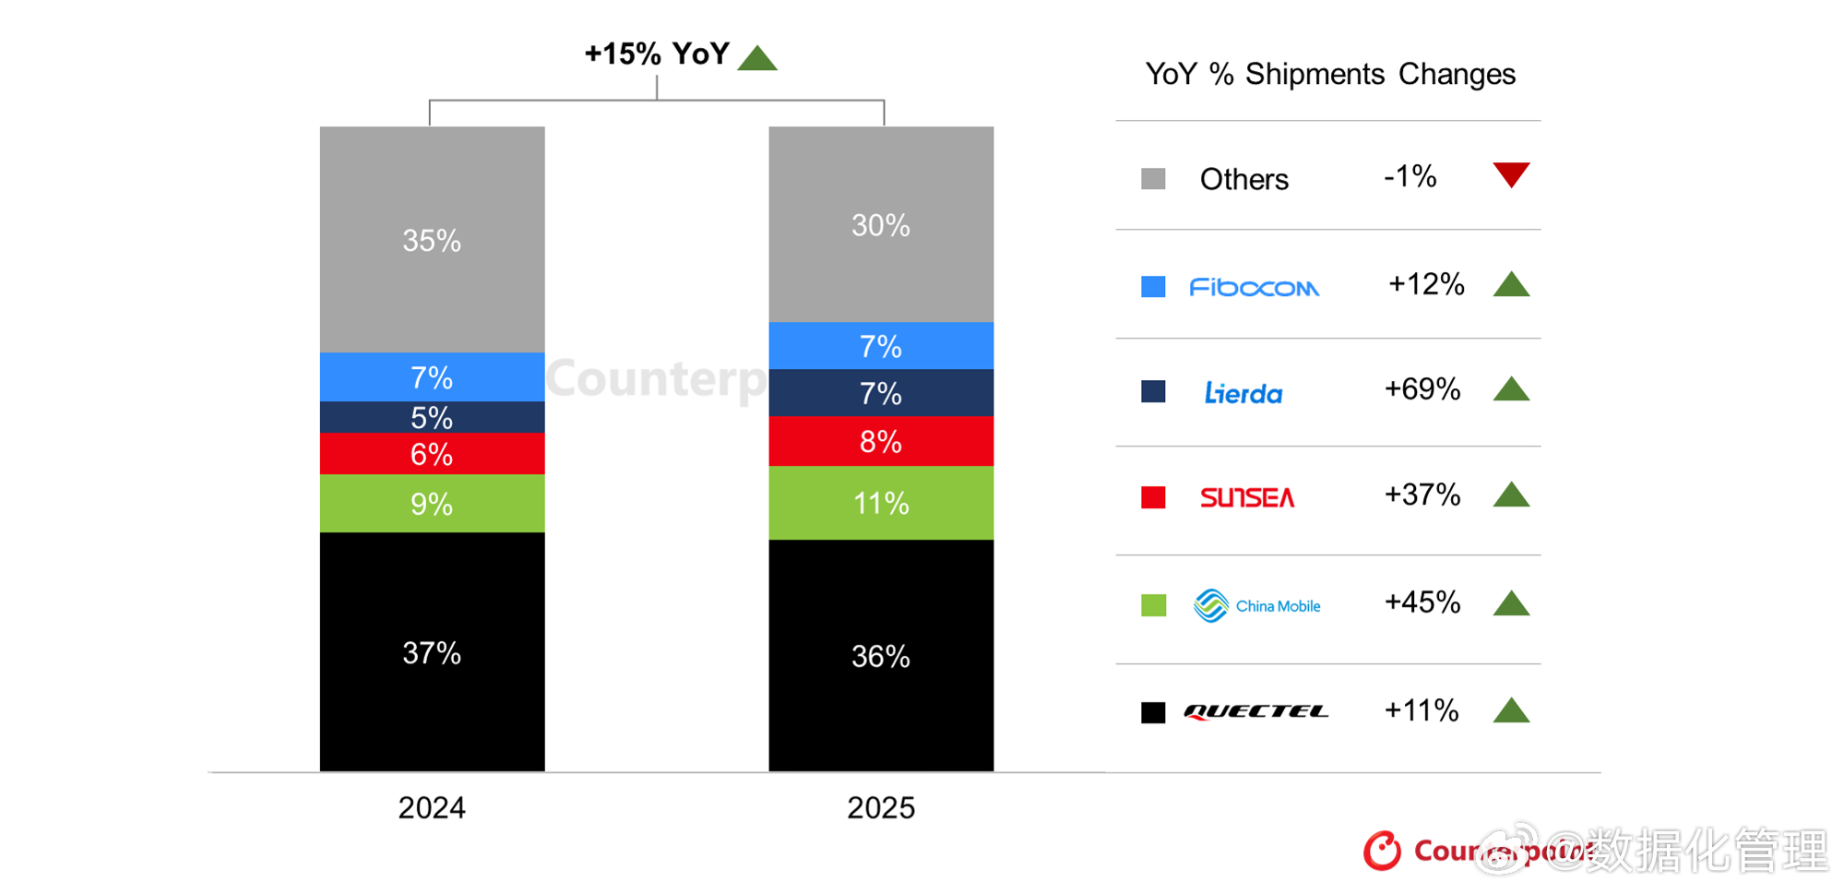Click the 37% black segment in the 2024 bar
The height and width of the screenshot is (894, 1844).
(432, 652)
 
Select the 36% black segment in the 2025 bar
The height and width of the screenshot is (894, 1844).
(880, 656)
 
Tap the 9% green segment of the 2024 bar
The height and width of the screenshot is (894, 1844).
(432, 504)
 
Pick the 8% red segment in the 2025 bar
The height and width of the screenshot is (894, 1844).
(880, 442)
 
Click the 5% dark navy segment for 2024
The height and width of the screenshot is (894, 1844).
(432, 418)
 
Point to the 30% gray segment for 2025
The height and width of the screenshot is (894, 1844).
(880, 225)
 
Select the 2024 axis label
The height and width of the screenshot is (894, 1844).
(432, 808)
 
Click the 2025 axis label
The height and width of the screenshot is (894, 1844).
(880, 808)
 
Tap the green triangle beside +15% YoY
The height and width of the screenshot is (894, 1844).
(757, 59)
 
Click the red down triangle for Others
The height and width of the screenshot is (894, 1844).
(1511, 173)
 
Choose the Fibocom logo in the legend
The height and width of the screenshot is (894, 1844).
(1254, 288)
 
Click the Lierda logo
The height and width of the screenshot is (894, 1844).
(1243, 394)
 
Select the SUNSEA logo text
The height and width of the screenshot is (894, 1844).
(1246, 498)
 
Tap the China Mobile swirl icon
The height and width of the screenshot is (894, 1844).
(1210, 606)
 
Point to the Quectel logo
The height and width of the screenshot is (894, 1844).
(1255, 711)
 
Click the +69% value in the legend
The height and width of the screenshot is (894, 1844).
(1422, 389)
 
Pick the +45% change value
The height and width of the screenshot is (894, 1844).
(1422, 602)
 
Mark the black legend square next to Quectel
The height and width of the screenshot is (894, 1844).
(1153, 712)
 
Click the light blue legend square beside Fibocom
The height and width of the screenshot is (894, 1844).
(1153, 287)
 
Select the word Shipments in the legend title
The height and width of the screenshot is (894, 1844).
(1315, 74)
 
